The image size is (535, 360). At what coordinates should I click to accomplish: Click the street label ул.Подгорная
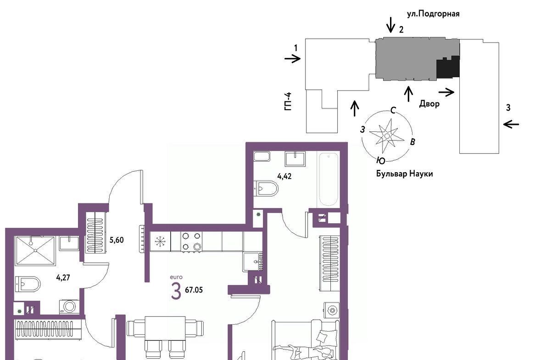click(x=433, y=14)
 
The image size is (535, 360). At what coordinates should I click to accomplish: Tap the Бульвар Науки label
click(x=405, y=174)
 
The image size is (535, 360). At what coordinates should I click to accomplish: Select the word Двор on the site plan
click(x=429, y=103)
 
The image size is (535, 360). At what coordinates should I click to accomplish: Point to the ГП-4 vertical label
click(x=288, y=101)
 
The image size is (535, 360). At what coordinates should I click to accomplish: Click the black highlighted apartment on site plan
click(x=448, y=67)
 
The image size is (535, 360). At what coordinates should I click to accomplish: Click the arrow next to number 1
click(x=292, y=59)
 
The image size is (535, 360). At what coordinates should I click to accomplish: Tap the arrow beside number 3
click(x=511, y=124)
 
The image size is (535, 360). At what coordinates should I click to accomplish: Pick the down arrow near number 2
click(x=391, y=24)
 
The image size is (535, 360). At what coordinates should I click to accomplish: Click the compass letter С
click(x=393, y=110)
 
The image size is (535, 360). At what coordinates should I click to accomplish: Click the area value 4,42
click(x=284, y=177)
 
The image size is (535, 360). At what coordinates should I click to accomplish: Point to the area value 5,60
click(x=117, y=240)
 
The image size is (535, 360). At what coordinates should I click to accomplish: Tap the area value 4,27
click(x=63, y=277)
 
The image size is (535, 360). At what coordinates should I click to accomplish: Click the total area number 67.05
click(x=194, y=290)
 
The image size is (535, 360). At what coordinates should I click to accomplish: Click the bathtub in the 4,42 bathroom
click(x=328, y=180)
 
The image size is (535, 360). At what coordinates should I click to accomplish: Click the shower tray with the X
click(x=35, y=251)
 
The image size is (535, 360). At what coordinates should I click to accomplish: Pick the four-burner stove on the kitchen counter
click(x=191, y=242)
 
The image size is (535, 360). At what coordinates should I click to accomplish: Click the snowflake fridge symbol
click(x=160, y=242)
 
